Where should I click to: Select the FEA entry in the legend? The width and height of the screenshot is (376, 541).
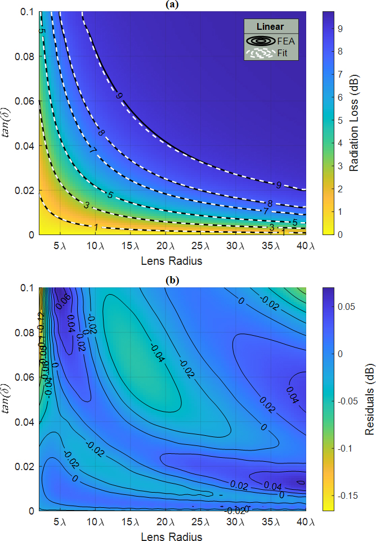point(285,41)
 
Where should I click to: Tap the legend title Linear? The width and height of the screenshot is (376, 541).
point(270,27)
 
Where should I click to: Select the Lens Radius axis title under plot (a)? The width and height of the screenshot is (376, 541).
point(173,260)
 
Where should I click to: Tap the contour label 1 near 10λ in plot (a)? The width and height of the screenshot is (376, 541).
point(95,227)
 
